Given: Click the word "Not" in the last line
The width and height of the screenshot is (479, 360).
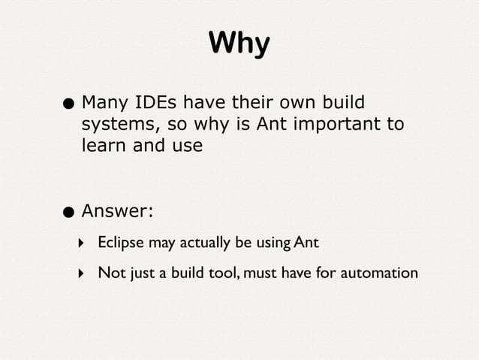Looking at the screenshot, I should [110, 272].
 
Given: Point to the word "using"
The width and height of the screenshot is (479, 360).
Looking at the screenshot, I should [272, 244].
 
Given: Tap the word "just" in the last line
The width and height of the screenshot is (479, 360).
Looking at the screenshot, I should [139, 272].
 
